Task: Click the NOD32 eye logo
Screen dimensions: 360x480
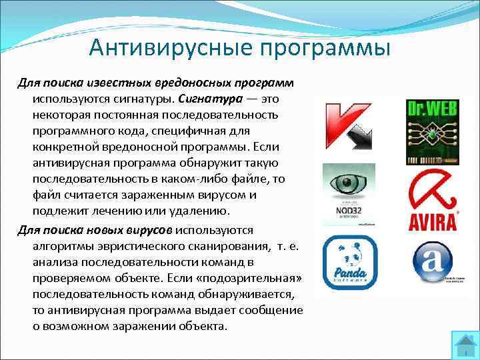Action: [x=349, y=193]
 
